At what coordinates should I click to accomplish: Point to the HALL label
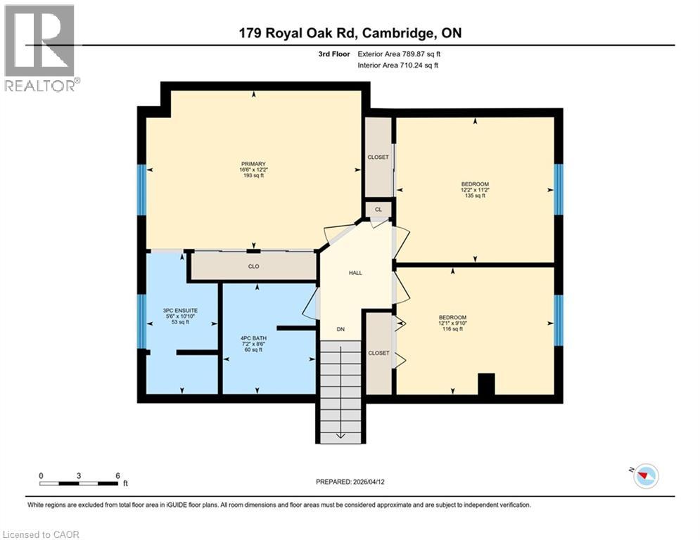(355, 273)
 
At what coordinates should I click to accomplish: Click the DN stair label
(341, 329)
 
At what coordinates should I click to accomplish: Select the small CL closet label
(378, 210)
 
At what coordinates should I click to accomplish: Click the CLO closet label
(254, 266)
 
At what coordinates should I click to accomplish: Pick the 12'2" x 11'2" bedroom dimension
(475, 190)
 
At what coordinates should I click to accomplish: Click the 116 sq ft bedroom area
(452, 329)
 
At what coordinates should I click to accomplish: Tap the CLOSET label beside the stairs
(378, 353)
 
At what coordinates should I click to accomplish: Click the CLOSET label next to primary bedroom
(378, 157)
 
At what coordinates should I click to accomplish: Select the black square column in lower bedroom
(486, 384)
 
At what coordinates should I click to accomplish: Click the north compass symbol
(645, 476)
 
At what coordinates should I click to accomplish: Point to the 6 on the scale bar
(117, 475)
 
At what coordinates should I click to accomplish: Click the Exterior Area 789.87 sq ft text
(399, 53)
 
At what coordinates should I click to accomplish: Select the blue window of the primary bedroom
(141, 190)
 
